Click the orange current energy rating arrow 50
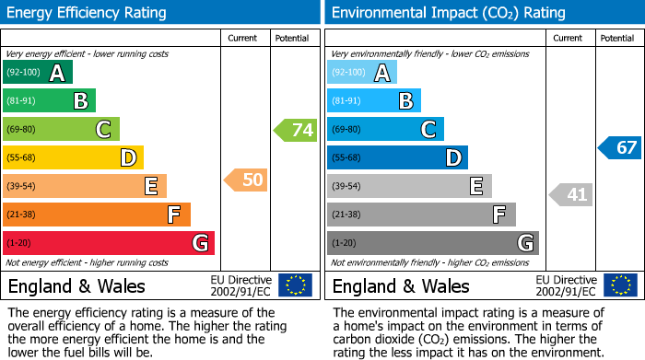click(x=247, y=180)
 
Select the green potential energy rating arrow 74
click(x=296, y=130)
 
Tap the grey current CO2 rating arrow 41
click(x=572, y=194)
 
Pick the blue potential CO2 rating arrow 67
click(x=620, y=147)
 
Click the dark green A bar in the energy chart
click(x=37, y=73)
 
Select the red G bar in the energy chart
click(x=109, y=243)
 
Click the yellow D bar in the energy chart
click(x=73, y=158)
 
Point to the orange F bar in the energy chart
click(x=97, y=215)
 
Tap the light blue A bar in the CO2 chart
click(x=362, y=73)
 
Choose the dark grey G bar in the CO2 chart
click(x=432, y=243)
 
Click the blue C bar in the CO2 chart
click(x=385, y=130)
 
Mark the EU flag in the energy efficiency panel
click(x=296, y=285)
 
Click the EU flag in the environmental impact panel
click(x=620, y=285)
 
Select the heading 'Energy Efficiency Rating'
click(x=88, y=13)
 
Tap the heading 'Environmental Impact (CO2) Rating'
click(x=448, y=13)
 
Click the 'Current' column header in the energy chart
click(x=244, y=39)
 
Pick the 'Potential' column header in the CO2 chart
click(x=616, y=39)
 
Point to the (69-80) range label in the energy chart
click(x=23, y=130)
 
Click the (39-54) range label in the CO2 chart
click(x=347, y=187)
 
